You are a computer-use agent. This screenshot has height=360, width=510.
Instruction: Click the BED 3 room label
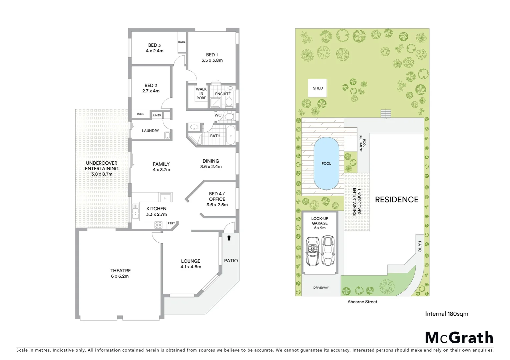(154, 48)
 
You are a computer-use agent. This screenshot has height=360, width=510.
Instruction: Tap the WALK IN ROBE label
(201, 94)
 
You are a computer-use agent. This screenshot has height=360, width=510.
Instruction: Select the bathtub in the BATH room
(230, 136)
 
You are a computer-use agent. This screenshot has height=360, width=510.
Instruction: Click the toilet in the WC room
(229, 116)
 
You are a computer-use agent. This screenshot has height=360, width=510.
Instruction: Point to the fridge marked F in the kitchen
(165, 198)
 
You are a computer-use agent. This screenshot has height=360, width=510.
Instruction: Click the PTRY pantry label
(171, 223)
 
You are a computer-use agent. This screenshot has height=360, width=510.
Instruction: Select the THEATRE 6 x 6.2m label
(120, 273)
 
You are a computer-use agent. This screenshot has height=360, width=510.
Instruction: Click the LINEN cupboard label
(157, 115)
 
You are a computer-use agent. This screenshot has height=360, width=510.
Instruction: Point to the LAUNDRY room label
(150, 131)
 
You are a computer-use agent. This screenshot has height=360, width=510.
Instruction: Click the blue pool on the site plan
(326, 163)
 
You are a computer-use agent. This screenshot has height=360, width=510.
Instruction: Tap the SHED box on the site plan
(318, 88)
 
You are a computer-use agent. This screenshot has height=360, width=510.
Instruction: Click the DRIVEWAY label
(321, 288)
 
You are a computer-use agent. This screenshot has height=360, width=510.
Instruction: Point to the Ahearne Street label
(362, 302)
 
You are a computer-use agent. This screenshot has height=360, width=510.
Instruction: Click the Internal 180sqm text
(446, 314)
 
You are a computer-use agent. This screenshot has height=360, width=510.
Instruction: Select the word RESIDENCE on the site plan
(397, 200)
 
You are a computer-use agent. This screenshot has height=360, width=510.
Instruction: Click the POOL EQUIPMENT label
(363, 143)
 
